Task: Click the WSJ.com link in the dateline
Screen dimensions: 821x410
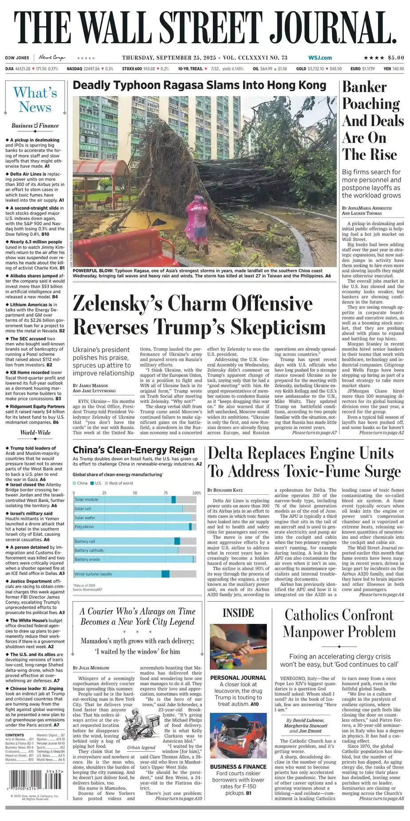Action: pyautogui.click(x=320, y=58)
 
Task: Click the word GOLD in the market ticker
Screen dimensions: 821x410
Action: pyautogui.click(x=301, y=69)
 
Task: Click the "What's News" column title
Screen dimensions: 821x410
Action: pyautogui.click(x=35, y=100)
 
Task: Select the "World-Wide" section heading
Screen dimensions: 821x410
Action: pyautogui.click(x=35, y=433)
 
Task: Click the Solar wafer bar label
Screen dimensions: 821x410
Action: pyautogui.click(x=85, y=517)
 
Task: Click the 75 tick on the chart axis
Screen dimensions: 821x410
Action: pyautogui.click(x=166, y=493)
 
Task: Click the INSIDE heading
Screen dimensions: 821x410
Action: pyautogui.click(x=238, y=613)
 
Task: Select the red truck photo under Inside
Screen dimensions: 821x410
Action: pyautogui.click(x=238, y=737)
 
